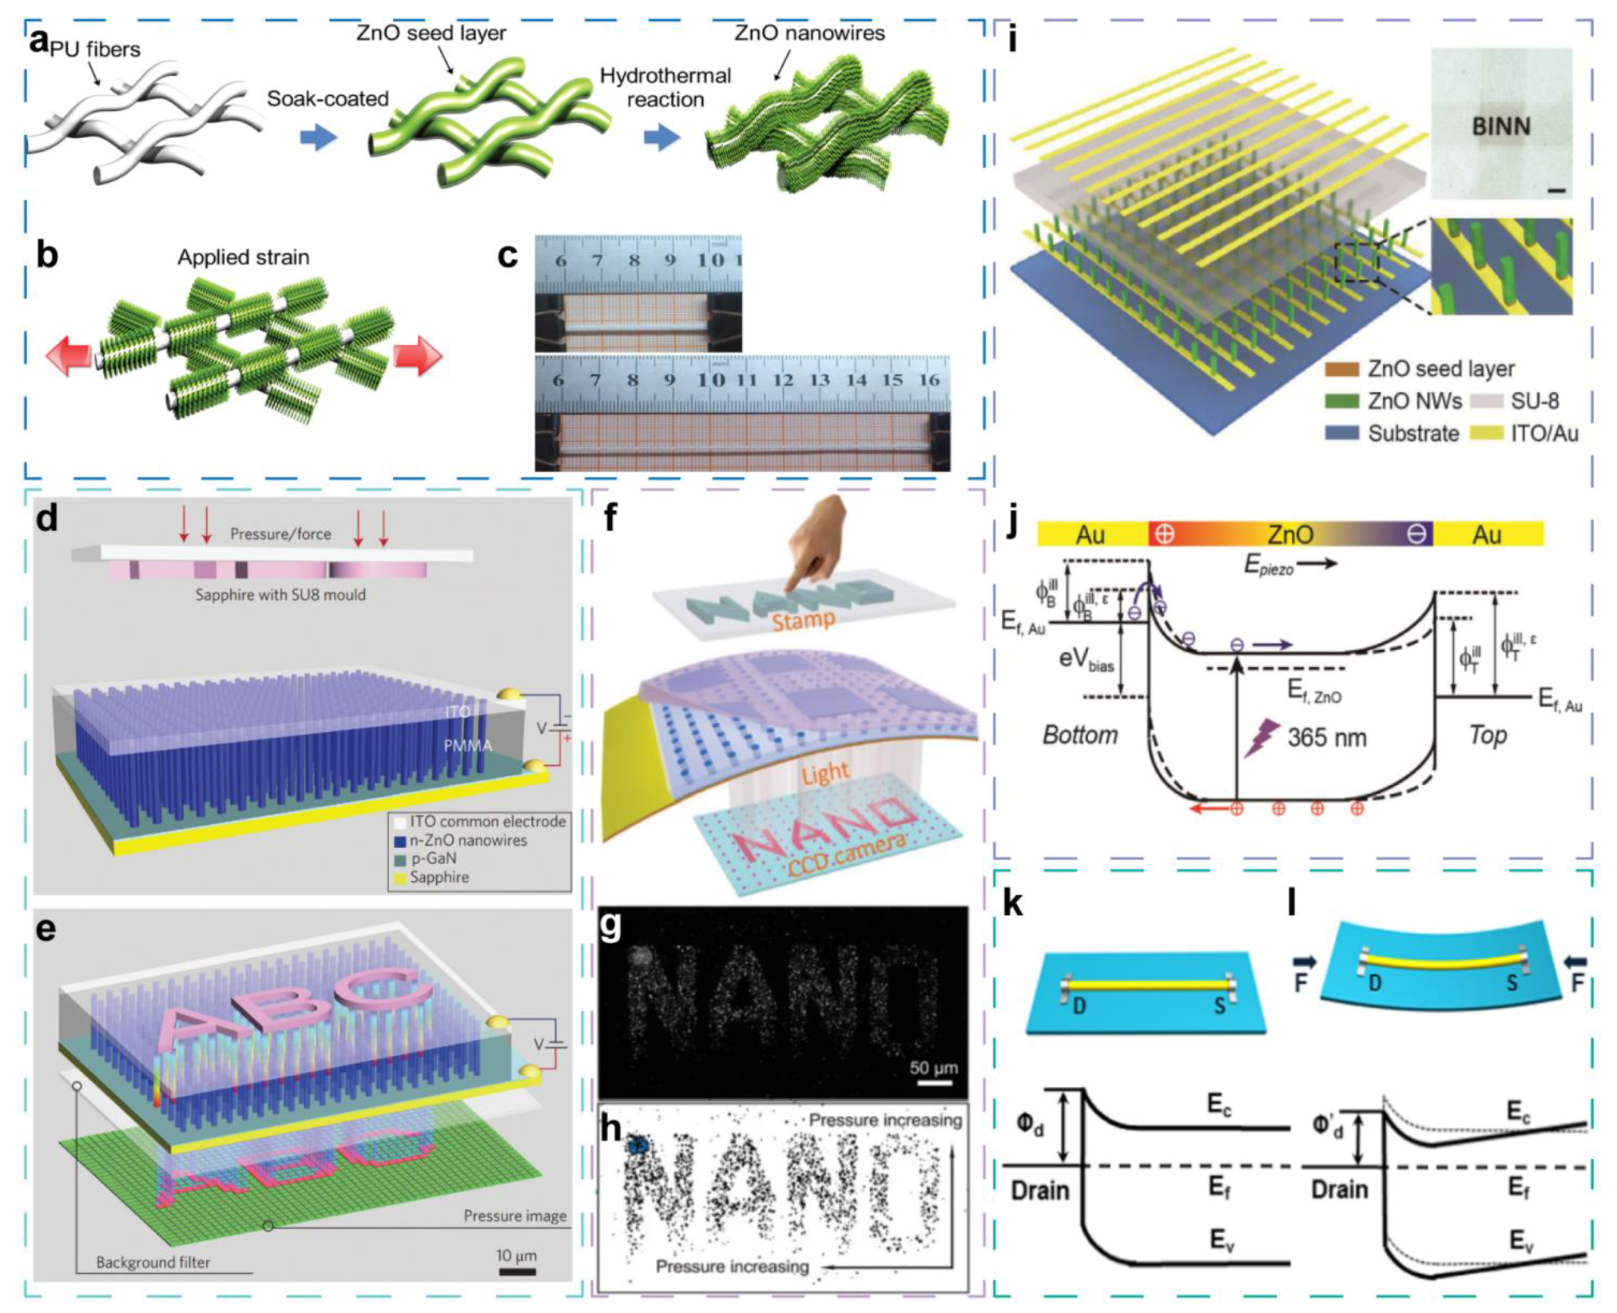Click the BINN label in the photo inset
pyautogui.click(x=1501, y=126)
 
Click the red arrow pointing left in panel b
pyautogui.click(x=69, y=355)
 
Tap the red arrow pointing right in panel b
pyautogui.click(x=417, y=355)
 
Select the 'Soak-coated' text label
pyautogui.click(x=328, y=99)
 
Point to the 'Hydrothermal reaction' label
pyautogui.click(x=665, y=88)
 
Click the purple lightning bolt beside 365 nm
pyautogui.click(x=1261, y=736)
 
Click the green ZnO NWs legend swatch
pyautogui.click(x=1341, y=401)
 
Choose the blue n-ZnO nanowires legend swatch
pyautogui.click(x=400, y=841)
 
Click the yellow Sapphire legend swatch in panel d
pyautogui.click(x=400, y=878)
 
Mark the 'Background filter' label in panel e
pyautogui.click(x=153, y=1262)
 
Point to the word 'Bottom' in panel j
pyautogui.click(x=1079, y=735)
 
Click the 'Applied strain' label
pyautogui.click(x=243, y=257)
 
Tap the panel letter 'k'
pyautogui.click(x=1012, y=903)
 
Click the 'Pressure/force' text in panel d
pyautogui.click(x=280, y=534)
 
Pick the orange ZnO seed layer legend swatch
pyautogui.click(x=1341, y=369)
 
